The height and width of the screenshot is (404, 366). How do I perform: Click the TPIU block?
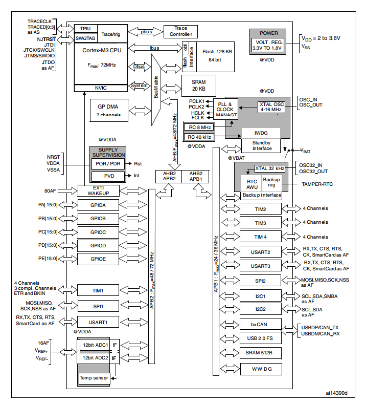[86, 29]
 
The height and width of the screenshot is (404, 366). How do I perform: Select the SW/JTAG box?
[86, 38]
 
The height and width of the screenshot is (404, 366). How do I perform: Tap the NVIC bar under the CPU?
[101, 88]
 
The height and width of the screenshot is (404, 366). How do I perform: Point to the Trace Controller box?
[180, 31]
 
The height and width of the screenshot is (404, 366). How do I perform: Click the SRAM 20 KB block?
[198, 86]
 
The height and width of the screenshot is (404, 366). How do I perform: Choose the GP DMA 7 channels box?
[109, 111]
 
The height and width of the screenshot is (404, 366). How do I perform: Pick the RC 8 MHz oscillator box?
[199, 127]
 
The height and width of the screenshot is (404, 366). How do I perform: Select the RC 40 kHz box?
[199, 137]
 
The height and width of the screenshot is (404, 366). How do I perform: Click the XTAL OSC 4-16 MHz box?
[271, 107]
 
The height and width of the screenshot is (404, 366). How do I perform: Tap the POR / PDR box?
[108, 164]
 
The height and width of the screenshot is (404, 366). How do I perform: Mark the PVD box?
[108, 176]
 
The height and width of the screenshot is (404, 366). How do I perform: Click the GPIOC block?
[98, 232]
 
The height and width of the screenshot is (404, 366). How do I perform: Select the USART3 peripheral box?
[261, 266]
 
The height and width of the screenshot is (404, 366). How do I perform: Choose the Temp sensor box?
[94, 378]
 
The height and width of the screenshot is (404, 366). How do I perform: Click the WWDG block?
[261, 369]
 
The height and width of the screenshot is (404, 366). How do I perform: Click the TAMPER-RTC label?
[317, 184]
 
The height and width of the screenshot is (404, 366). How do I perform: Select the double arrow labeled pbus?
[146, 32]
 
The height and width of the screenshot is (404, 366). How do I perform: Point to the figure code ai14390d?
[336, 393]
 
